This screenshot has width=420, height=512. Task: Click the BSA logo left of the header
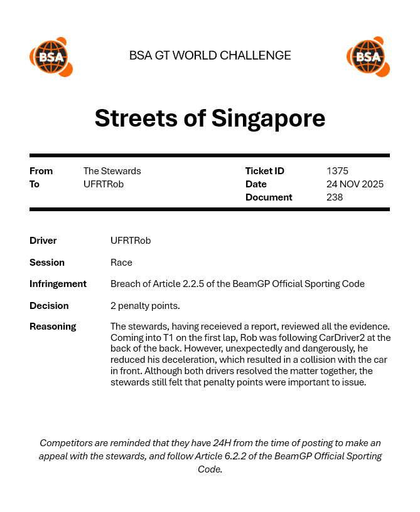(51, 57)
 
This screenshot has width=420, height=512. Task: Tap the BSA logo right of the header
(368, 57)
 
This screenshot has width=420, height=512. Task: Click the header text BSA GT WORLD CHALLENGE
(210, 55)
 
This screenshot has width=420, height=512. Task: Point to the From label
(41, 171)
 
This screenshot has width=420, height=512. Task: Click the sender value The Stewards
(112, 171)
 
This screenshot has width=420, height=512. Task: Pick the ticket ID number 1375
(337, 171)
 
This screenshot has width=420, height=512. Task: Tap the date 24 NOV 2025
(355, 184)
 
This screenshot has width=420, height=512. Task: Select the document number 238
(335, 197)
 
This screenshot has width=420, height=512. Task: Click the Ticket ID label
(264, 171)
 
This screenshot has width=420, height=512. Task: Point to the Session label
(47, 263)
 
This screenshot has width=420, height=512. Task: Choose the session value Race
(121, 263)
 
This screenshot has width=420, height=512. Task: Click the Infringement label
(58, 284)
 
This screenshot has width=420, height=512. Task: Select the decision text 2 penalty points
(145, 306)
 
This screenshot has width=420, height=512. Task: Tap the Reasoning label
(53, 327)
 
